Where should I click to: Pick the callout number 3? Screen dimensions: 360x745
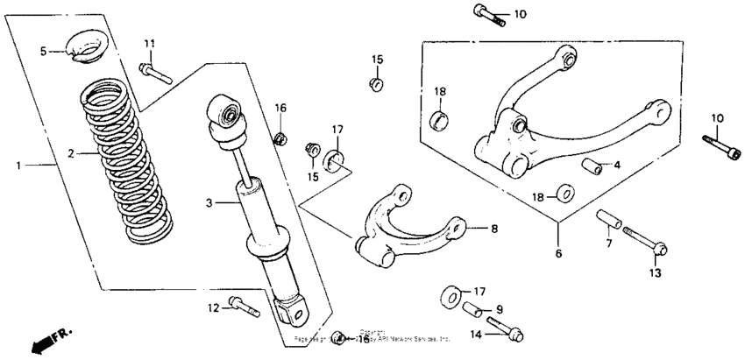click(x=209, y=203)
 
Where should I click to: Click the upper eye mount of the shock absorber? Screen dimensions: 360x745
click(x=225, y=112)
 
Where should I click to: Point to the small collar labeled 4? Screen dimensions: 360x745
click(x=592, y=166)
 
